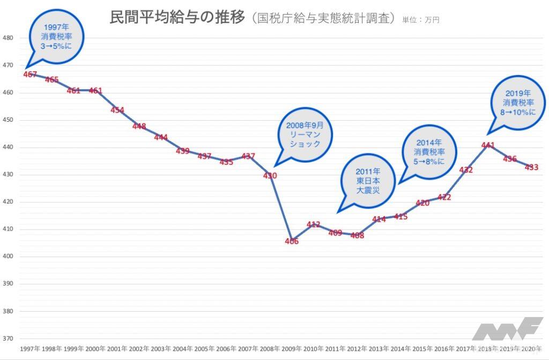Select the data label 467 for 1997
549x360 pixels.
click(x=31, y=74)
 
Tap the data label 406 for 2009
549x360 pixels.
click(x=292, y=241)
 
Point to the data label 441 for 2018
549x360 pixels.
click(x=488, y=145)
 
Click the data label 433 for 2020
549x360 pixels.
click(x=532, y=167)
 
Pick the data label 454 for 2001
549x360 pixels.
click(x=117, y=110)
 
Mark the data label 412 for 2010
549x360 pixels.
click(x=313, y=224)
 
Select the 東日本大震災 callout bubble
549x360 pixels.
click(x=367, y=181)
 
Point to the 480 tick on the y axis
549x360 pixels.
click(x=8, y=38)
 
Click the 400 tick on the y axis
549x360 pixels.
click(x=8, y=256)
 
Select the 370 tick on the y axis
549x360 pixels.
click(x=8, y=339)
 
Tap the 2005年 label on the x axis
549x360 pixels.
click(x=204, y=349)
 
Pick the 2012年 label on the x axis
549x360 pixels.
click(x=357, y=349)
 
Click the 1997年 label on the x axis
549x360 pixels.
click(x=30, y=349)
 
